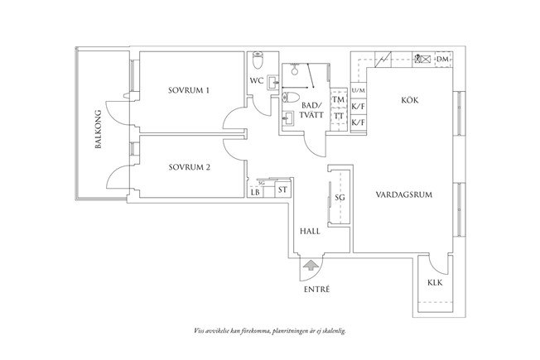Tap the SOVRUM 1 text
pyautogui.click(x=189, y=90)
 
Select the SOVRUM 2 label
pyautogui.click(x=189, y=167)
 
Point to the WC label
pyautogui.click(x=257, y=81)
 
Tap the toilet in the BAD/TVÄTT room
pyautogui.click(x=294, y=98)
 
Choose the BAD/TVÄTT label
pyautogui.click(x=311, y=111)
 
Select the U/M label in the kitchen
pyautogui.click(x=358, y=90)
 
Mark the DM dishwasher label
pyautogui.click(x=443, y=60)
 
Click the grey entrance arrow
pyautogui.click(x=311, y=266)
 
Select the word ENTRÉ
pyautogui.click(x=316, y=290)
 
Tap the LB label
pyautogui.click(x=255, y=193)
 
